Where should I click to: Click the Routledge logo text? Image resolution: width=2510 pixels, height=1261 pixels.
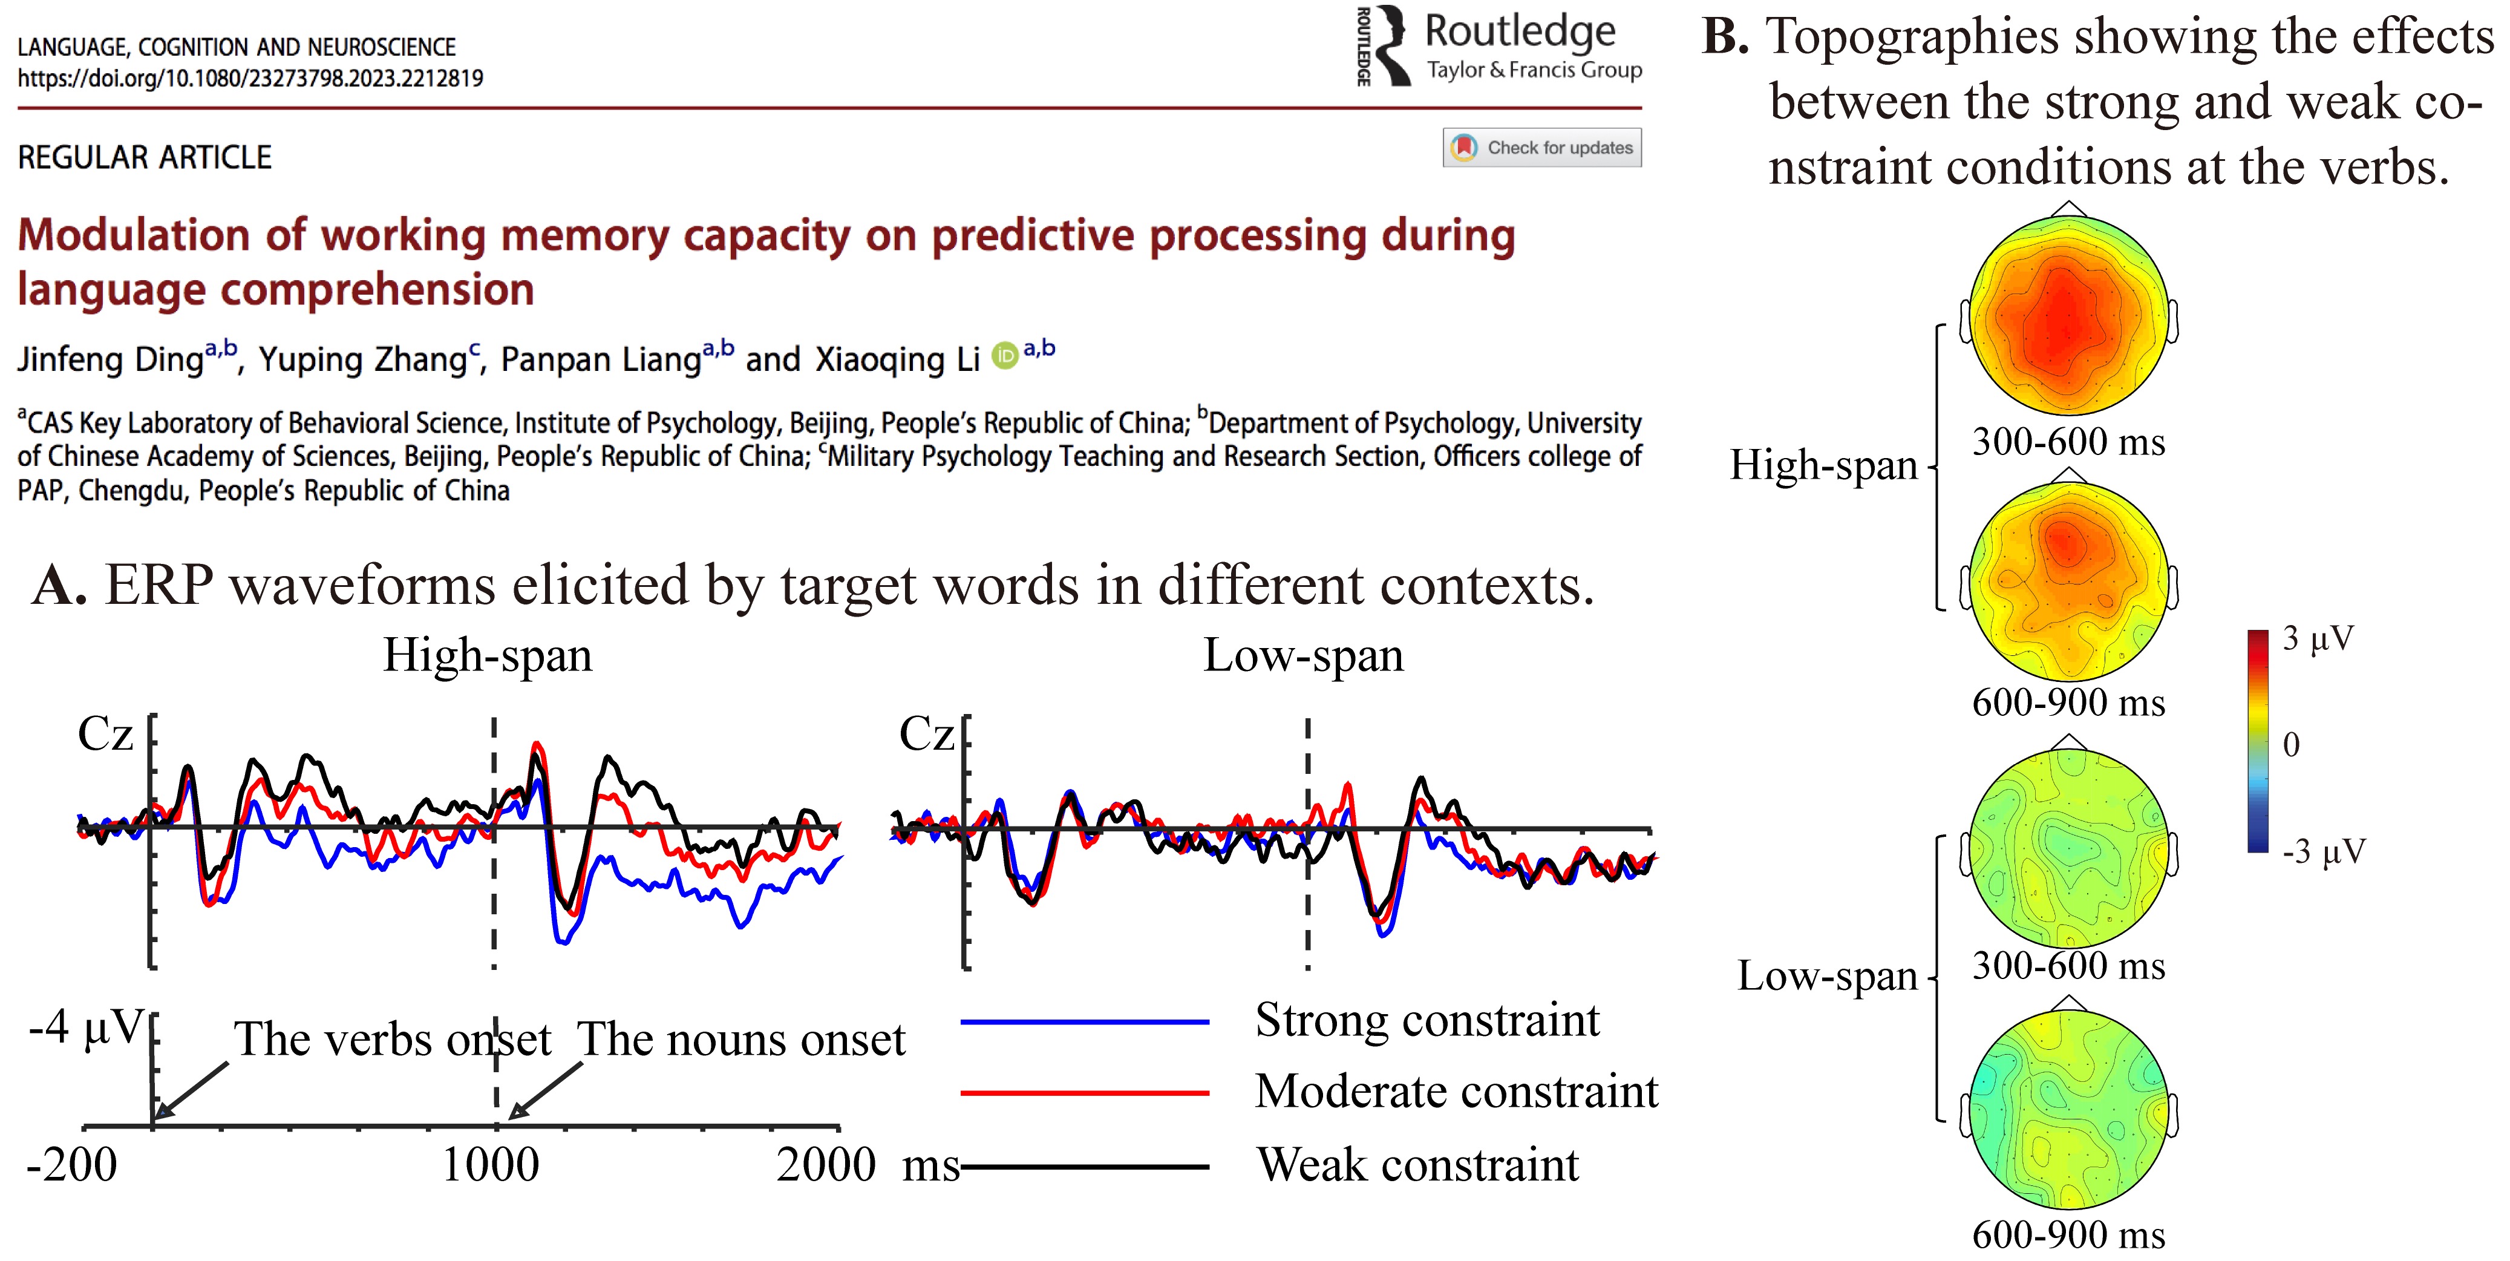(1520, 32)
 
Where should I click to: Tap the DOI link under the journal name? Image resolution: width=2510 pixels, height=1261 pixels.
(250, 78)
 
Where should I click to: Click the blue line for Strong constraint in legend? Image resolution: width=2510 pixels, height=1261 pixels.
(1085, 1022)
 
